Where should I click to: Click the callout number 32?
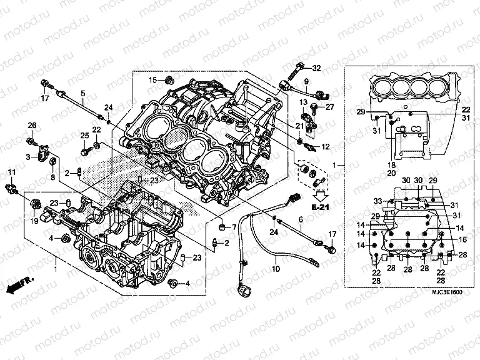click(316, 68)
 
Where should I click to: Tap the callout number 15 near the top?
click(152, 80)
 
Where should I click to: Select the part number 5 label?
click(82, 93)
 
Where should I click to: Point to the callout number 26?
click(32, 127)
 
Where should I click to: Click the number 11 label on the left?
click(11, 172)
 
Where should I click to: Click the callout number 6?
click(300, 219)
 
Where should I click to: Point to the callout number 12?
click(325, 146)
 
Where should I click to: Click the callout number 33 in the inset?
click(377, 201)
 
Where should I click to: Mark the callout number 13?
click(301, 102)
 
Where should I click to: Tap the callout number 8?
click(52, 178)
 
